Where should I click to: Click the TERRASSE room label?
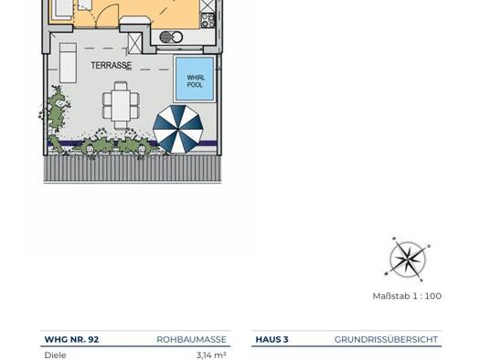(x=112, y=65)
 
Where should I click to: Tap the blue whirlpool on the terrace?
(x=195, y=79)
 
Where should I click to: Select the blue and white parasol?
(x=178, y=129)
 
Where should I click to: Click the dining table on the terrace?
(x=121, y=106)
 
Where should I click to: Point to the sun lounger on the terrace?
(x=68, y=63)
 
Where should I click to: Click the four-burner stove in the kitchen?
(x=208, y=20)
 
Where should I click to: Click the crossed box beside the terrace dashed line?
(x=134, y=43)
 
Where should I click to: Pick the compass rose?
(x=408, y=259)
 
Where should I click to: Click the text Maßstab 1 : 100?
(x=407, y=296)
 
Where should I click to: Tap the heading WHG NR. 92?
(x=71, y=340)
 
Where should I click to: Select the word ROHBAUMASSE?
(x=191, y=340)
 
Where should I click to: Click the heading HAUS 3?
(x=272, y=340)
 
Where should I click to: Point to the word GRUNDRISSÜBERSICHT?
(x=386, y=340)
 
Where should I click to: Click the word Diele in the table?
(x=55, y=355)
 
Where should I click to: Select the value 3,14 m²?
(x=211, y=355)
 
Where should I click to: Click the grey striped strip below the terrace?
(x=133, y=168)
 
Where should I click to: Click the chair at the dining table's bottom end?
(x=121, y=125)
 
